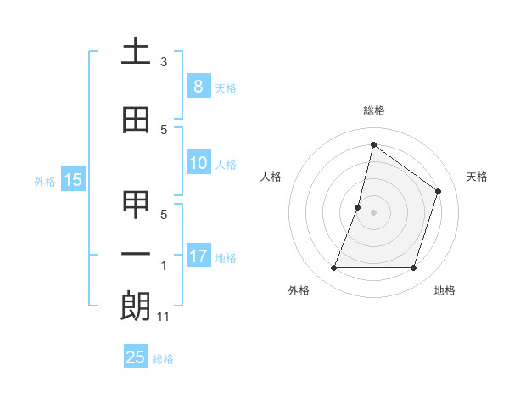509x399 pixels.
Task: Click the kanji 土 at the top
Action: (135, 52)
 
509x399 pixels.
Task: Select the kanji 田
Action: (135, 121)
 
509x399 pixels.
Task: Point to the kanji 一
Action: (135, 254)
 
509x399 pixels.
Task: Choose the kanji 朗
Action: (135, 306)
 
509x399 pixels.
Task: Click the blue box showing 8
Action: (198, 86)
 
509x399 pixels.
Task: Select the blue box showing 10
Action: (198, 163)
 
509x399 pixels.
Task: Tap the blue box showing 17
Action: (198, 256)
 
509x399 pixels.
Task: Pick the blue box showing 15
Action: (72, 179)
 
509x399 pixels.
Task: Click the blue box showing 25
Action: (135, 357)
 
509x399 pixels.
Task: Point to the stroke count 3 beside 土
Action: (164, 62)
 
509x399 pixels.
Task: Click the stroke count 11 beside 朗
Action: (164, 317)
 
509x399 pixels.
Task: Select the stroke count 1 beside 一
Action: (164, 266)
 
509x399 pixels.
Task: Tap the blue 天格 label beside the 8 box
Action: (226, 87)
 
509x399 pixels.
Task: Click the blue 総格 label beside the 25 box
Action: (163, 359)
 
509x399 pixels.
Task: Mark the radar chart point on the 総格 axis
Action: (373, 144)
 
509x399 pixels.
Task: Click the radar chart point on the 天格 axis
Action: (438, 191)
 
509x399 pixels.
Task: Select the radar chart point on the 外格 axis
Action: (333, 268)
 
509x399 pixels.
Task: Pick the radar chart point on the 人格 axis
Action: (358, 207)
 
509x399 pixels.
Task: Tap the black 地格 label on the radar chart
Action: (445, 291)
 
